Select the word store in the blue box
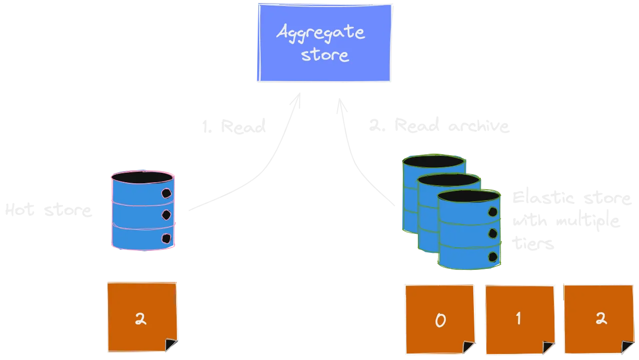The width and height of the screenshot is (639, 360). pyautogui.click(x=324, y=54)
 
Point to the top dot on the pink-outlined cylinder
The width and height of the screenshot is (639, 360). pyautogui.click(x=166, y=193)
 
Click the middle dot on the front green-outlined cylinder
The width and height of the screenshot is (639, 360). pyautogui.click(x=492, y=233)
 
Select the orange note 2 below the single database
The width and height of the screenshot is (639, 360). pyautogui.click(x=142, y=318)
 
